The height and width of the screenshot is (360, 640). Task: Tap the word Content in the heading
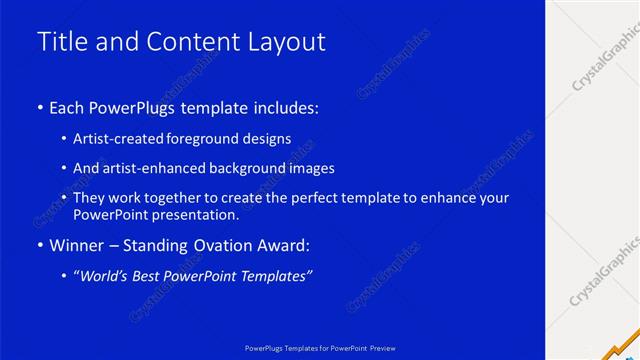[191, 42]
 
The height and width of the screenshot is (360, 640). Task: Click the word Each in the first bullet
[67, 107]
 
